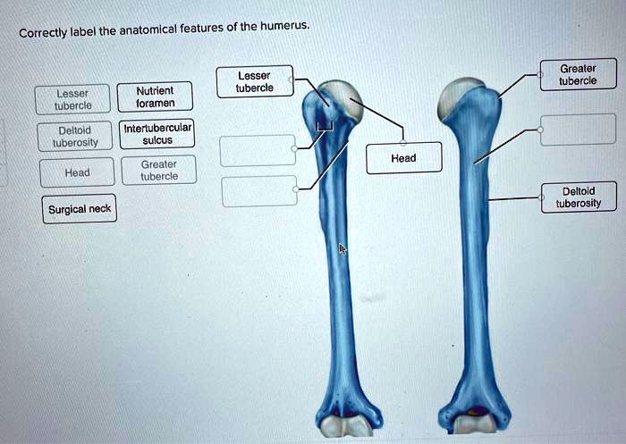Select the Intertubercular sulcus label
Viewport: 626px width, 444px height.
pyautogui.click(x=157, y=134)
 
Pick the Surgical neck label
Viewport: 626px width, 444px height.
pyautogui.click(x=79, y=209)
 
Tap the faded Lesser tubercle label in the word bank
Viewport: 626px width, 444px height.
pyautogui.click(x=72, y=99)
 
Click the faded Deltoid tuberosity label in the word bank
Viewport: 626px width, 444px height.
pyautogui.click(x=75, y=136)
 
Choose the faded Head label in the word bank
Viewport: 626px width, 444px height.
pyautogui.click(x=76, y=172)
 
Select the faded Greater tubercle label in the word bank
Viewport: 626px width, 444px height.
pyautogui.click(x=158, y=171)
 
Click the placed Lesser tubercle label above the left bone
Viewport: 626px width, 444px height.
pyautogui.click(x=254, y=82)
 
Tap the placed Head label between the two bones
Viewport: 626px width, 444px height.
pyautogui.click(x=403, y=158)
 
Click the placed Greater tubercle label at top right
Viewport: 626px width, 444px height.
pyautogui.click(x=578, y=74)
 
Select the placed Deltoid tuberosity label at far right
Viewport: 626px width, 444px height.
pyautogui.click(x=578, y=197)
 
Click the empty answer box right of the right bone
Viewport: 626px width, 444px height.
pyautogui.click(x=578, y=130)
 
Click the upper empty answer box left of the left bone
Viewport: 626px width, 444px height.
pyautogui.click(x=258, y=150)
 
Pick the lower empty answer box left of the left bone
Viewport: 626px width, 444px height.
pyautogui.click(x=259, y=190)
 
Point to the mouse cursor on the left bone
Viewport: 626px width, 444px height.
pyautogui.click(x=342, y=249)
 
